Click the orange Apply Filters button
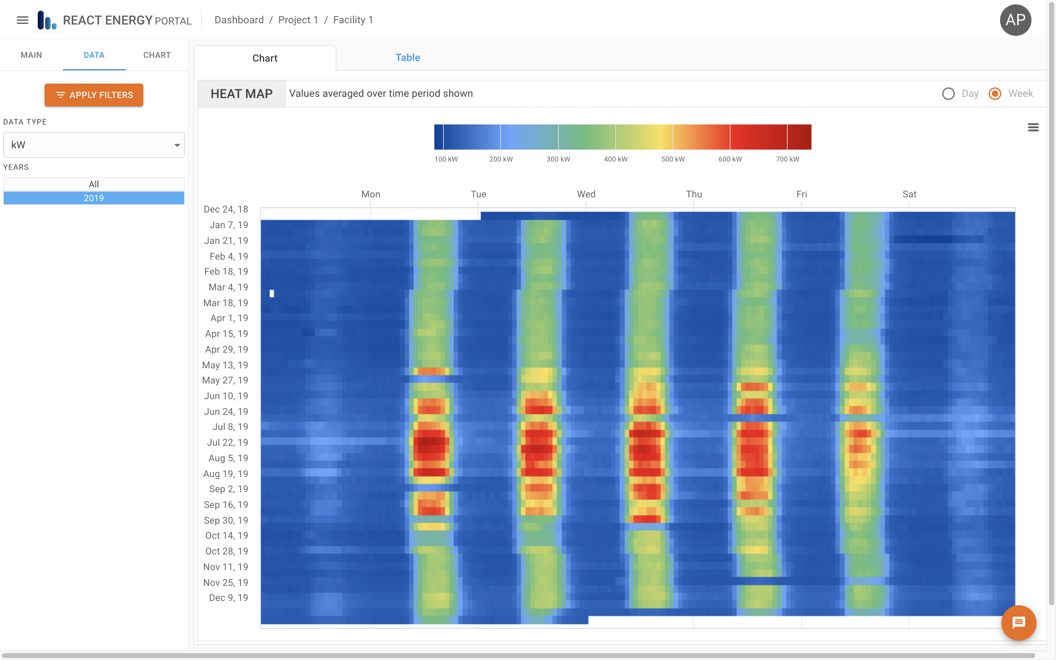pos(94,95)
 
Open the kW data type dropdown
pos(94,145)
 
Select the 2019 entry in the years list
pos(94,198)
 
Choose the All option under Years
pos(94,184)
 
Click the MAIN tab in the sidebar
pos(31,55)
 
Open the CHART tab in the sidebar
pos(157,55)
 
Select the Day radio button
pos(948,93)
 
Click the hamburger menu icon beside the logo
pos(22,20)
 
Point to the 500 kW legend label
pos(673,159)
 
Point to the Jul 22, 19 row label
pos(227,443)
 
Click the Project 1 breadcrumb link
pos(298,20)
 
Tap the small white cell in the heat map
pos(272,293)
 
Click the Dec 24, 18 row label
pos(226,210)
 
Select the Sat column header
pos(909,194)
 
